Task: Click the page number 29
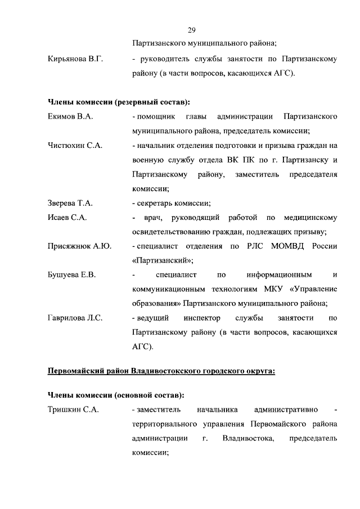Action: pyautogui.click(x=191, y=30)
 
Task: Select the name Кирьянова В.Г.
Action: pyautogui.click(x=75, y=59)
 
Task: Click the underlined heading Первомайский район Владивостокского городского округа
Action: pyautogui.click(x=161, y=372)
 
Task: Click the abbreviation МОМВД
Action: pyautogui.click(x=290, y=246)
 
